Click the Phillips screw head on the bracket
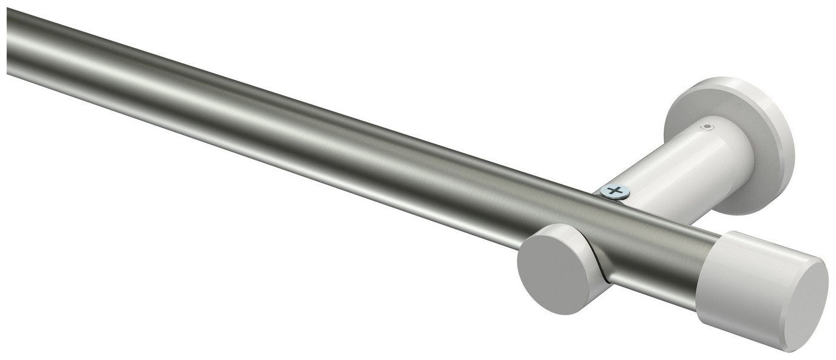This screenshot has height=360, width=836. click(x=615, y=192)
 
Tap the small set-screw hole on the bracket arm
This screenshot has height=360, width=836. click(x=706, y=127)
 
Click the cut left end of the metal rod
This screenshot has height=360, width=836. click(x=8, y=45)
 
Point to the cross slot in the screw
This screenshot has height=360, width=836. click(x=615, y=191)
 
